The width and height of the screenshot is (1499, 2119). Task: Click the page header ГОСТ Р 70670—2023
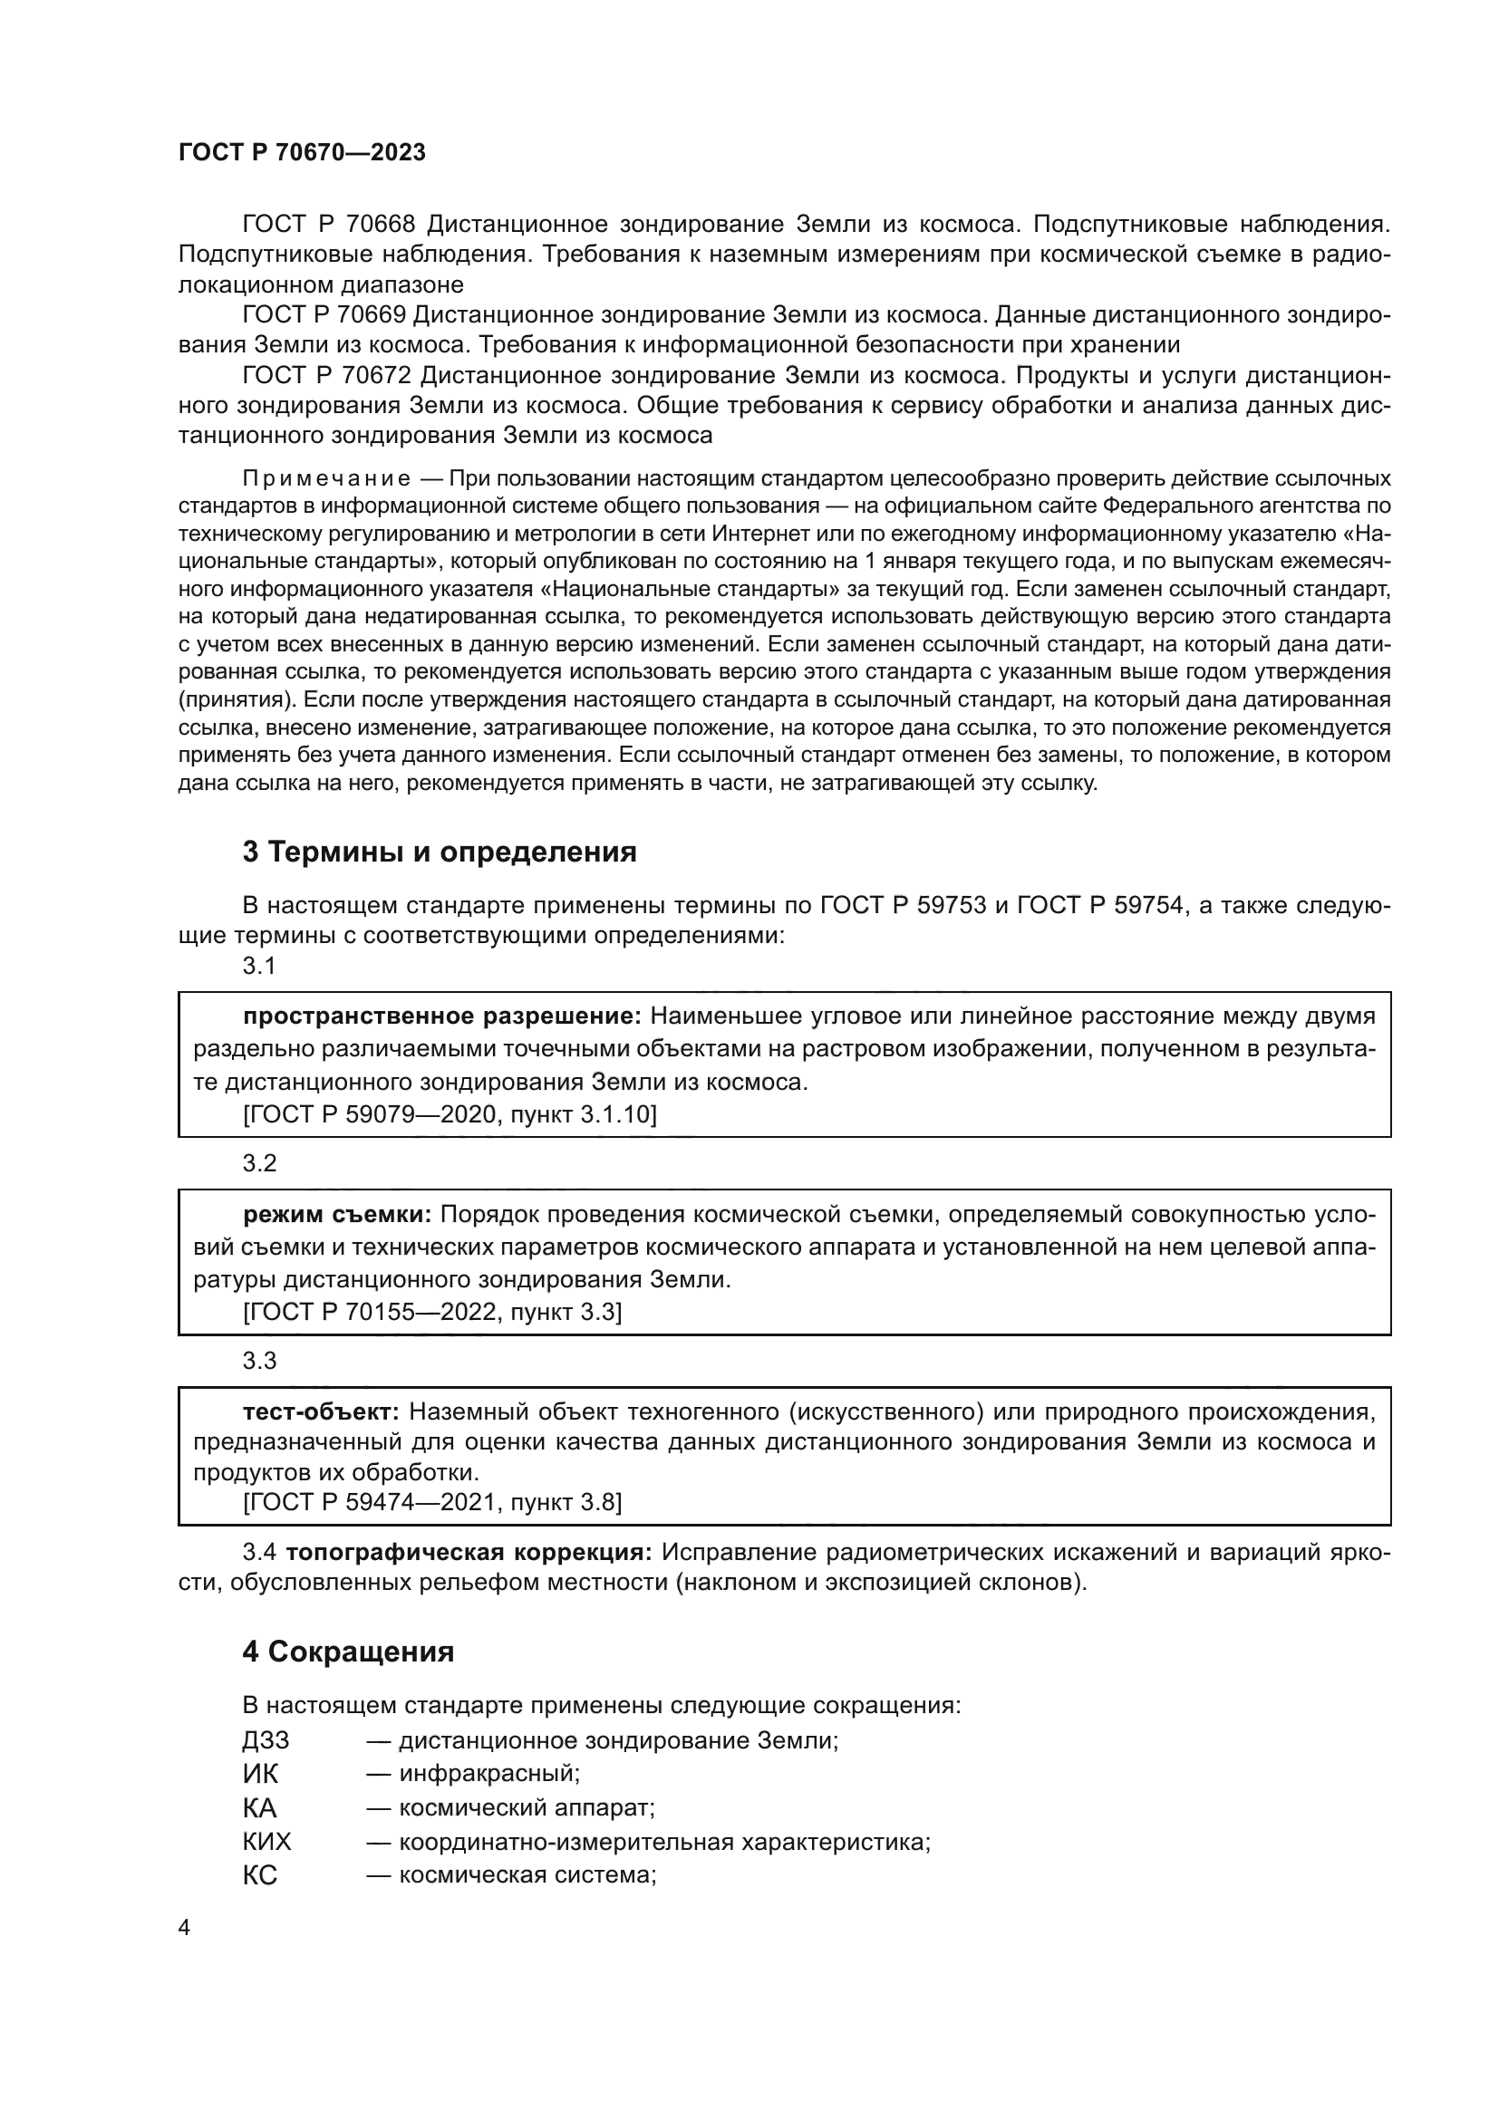[302, 152]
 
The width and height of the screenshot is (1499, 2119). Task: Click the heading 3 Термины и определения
[440, 852]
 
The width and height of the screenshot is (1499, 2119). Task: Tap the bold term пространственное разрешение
[442, 1016]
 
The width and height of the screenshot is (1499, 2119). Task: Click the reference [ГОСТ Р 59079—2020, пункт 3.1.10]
[450, 1115]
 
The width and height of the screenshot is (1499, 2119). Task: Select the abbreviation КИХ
[266, 1842]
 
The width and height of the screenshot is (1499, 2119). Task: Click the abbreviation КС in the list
[260, 1875]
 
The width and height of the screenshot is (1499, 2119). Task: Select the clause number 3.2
[259, 1163]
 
